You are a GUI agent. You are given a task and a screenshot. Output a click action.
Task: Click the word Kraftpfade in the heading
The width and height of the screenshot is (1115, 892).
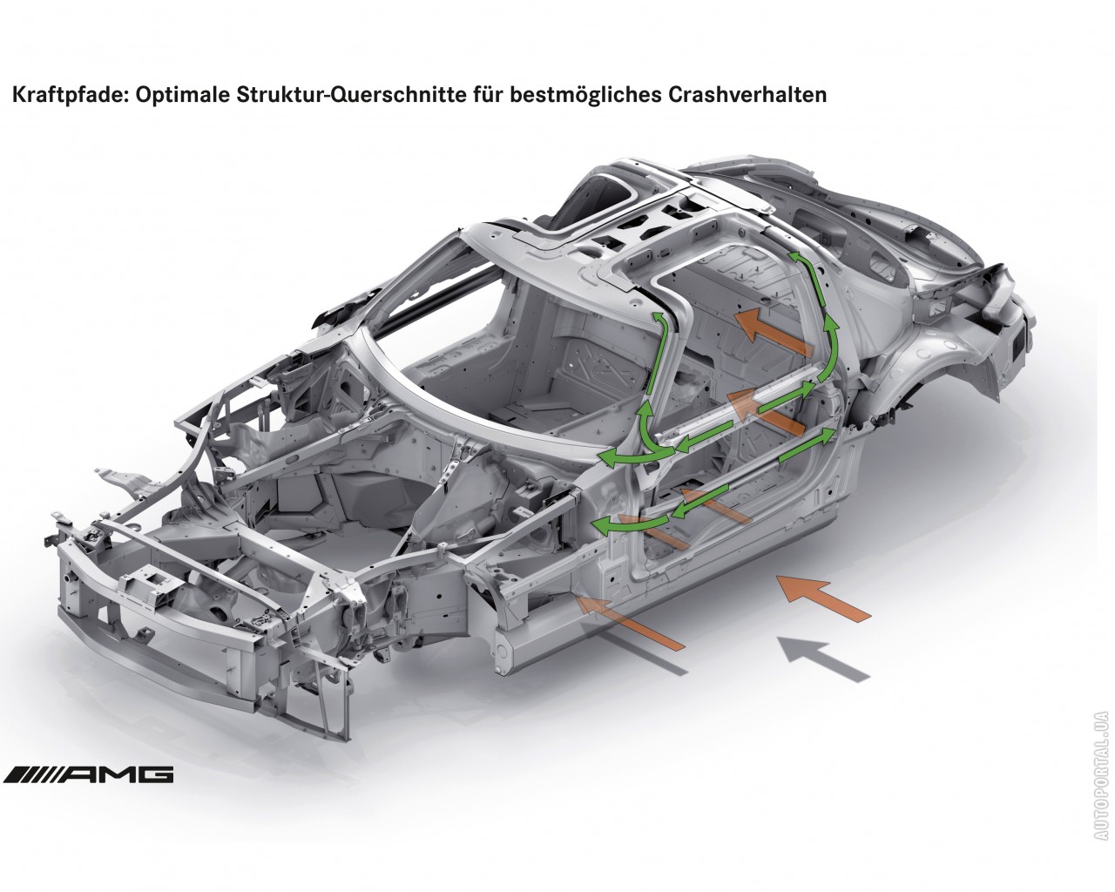(x=70, y=95)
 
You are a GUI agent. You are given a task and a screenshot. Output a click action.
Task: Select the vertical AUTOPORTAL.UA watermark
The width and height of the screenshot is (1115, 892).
(x=1100, y=782)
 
